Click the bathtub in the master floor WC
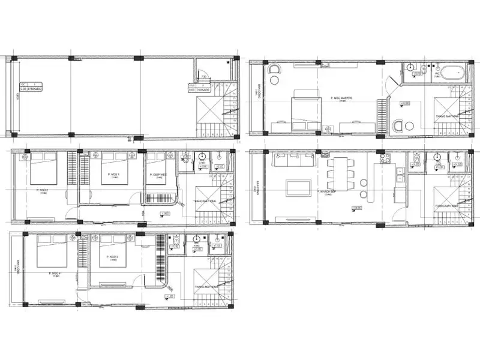pyautogui.click(x=454, y=73)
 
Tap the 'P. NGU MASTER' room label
pyautogui.click(x=341, y=98)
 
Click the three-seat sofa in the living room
pyautogui.click(x=294, y=161)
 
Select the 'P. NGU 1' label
pyautogui.click(x=113, y=175)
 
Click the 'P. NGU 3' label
pyautogui.click(x=113, y=257)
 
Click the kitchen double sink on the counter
pyautogui.click(x=398, y=174)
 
